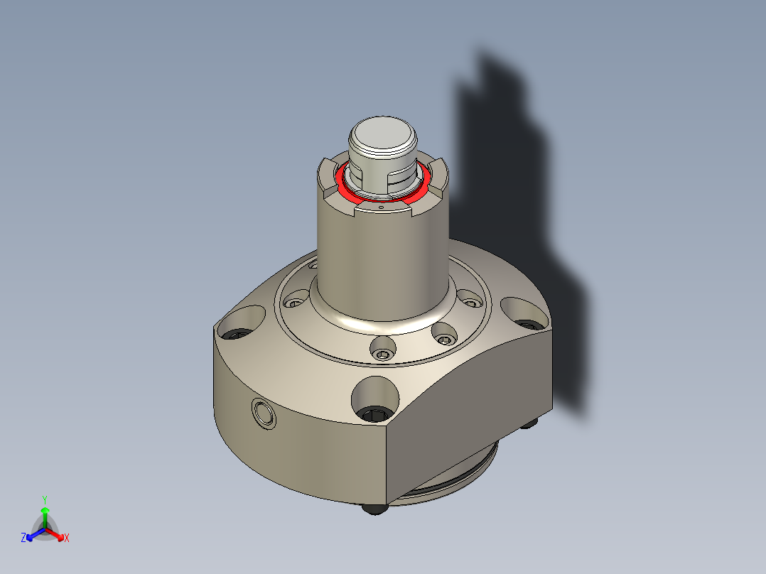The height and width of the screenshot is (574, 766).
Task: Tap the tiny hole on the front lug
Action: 382,209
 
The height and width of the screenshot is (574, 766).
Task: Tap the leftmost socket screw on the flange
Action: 292,303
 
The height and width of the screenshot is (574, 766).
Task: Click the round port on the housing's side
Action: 264,413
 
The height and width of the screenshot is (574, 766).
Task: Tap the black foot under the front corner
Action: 374,509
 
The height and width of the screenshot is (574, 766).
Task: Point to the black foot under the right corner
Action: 530,423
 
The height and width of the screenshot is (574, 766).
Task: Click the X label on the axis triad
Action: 67,538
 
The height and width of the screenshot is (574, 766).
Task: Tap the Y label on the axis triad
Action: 45,499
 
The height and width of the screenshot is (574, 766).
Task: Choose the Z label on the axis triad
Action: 23,538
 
